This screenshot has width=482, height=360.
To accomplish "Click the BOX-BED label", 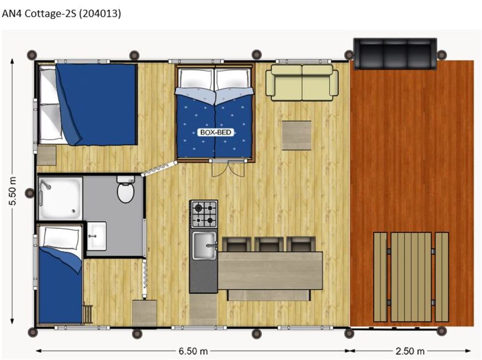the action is (215, 133).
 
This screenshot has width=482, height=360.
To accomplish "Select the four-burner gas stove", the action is (204, 214).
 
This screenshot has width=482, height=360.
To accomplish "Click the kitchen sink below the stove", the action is (204, 245).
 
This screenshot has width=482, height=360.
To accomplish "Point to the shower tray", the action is (61, 198).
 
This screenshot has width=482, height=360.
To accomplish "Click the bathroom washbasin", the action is (96, 236).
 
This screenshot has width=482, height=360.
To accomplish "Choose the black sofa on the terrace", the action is (395, 54).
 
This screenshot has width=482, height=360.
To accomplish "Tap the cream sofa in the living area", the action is (302, 82).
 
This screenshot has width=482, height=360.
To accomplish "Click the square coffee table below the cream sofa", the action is (296, 135).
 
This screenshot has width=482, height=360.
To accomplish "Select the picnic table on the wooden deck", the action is (411, 277).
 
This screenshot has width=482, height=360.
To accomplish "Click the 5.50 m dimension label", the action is (13, 191).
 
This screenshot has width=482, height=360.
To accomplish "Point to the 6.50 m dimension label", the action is (193, 351).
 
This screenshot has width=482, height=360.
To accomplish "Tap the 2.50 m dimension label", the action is (410, 351).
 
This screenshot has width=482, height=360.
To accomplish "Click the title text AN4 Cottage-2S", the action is (39, 13).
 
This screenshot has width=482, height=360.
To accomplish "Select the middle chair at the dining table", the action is (268, 244).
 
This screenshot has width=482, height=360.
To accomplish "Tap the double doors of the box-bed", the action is (228, 168).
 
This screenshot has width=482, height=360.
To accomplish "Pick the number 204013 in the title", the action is (100, 13).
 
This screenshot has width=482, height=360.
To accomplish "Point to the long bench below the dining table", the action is (268, 295).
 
